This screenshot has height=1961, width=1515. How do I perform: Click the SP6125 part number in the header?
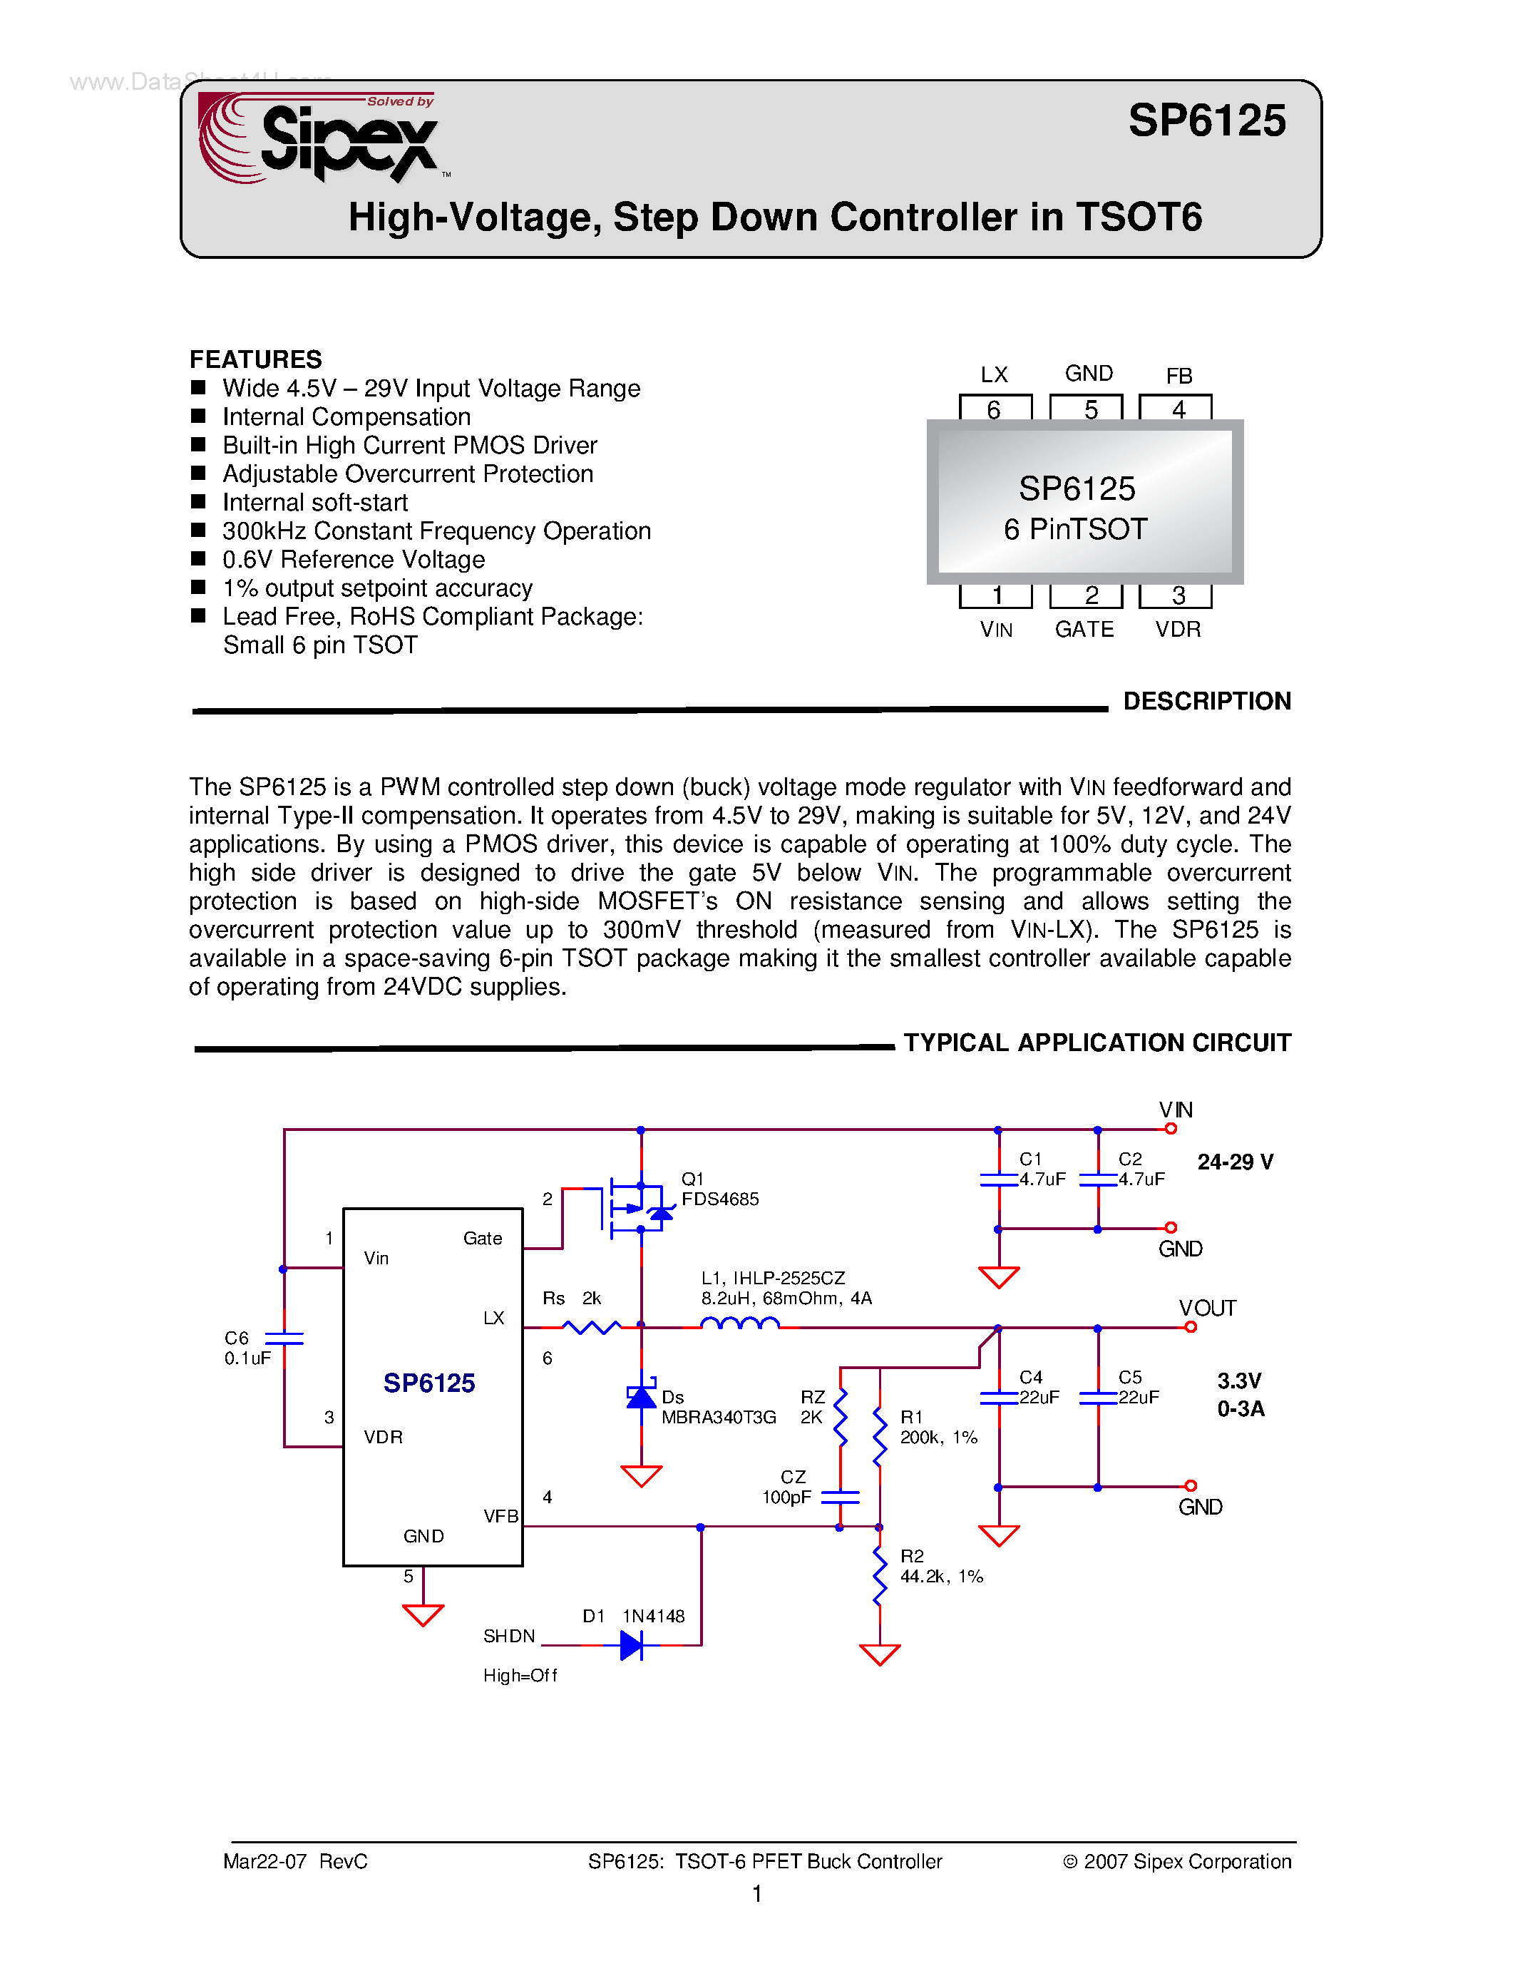coord(1206,121)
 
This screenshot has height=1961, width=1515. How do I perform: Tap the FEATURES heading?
coord(255,359)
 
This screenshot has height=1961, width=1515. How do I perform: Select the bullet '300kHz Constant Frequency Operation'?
coord(436,531)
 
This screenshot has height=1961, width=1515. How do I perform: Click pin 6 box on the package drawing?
coord(995,409)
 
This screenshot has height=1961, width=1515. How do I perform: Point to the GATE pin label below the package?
coord(1084,630)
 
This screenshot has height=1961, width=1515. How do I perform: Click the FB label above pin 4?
coord(1178,375)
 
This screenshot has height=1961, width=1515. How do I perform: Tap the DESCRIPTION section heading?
coord(1206,701)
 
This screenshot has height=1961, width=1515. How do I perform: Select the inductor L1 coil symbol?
coord(739,1323)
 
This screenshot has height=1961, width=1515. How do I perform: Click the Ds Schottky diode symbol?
coord(641,1397)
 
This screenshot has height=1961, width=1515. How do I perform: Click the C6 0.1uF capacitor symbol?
coord(284,1338)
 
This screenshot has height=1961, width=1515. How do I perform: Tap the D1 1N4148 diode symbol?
coord(632,1645)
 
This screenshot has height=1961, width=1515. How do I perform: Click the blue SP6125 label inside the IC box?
coord(429,1383)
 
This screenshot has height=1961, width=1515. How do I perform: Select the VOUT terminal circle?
coord(1190,1327)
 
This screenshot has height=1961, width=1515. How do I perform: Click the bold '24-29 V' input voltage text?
coord(1235,1162)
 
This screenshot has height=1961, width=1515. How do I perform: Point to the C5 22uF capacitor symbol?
coord(1098,1397)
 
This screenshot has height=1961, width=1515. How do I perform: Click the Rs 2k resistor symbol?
coord(590,1326)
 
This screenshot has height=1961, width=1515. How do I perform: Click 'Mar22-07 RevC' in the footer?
coord(295,1861)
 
